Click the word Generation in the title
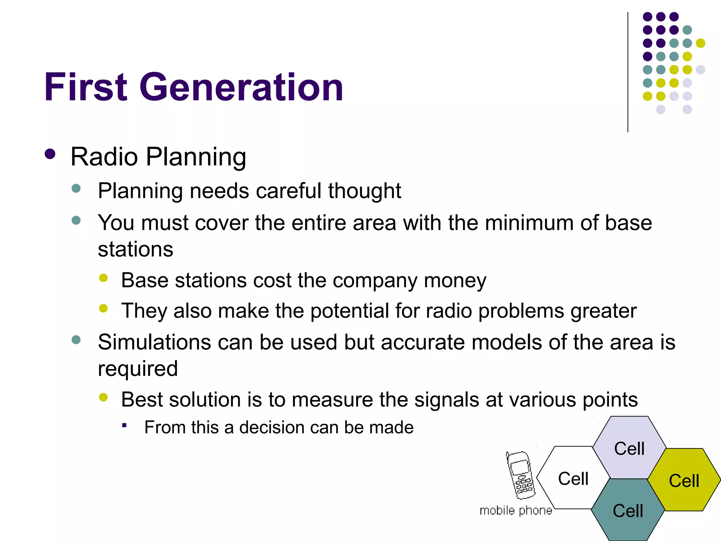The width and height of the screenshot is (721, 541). click(241, 87)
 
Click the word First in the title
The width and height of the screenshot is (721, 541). click(86, 87)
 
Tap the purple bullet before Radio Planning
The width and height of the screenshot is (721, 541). click(50, 154)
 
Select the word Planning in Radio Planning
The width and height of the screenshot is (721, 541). click(196, 157)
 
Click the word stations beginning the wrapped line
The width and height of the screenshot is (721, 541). click(136, 249)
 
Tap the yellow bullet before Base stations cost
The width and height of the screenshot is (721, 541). click(103, 278)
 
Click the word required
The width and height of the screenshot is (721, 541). click(138, 369)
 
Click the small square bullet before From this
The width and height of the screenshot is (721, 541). click(124, 425)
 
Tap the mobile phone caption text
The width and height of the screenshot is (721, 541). click(516, 510)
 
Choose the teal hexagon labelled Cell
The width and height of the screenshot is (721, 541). click(628, 511)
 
